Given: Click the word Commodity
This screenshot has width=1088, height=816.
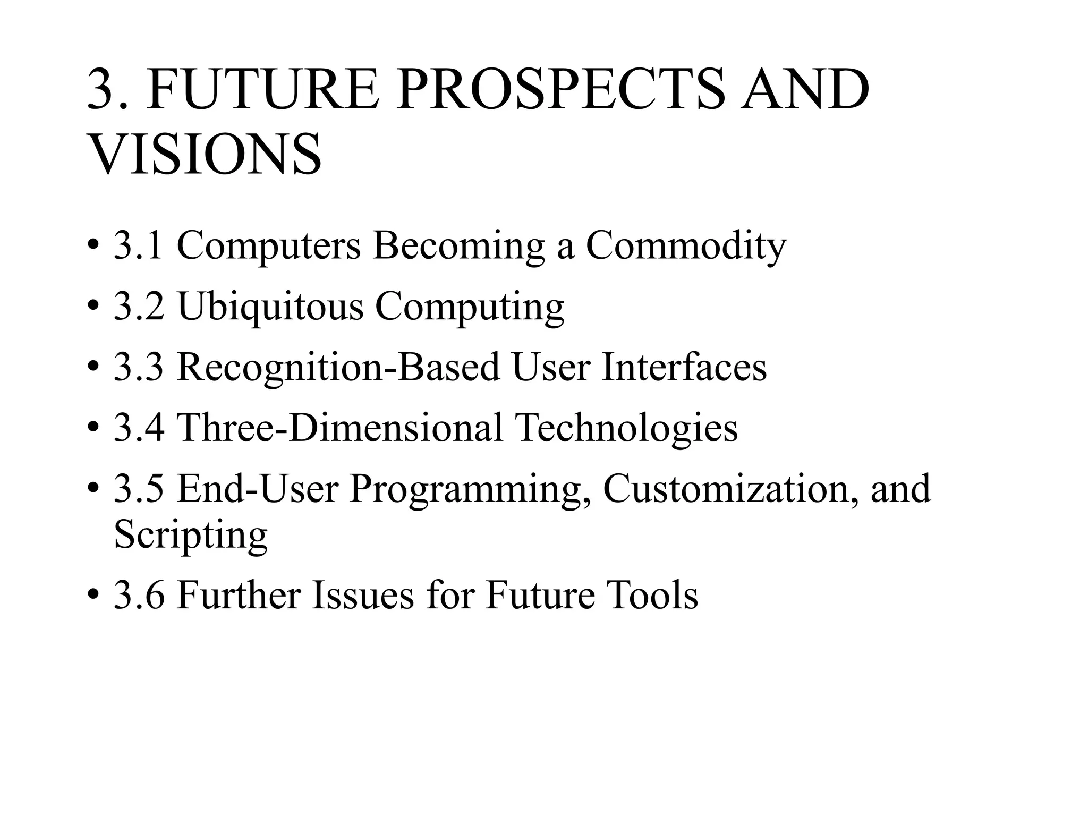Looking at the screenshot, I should (686, 246).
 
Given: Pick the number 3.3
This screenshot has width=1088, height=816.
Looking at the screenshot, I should (139, 368).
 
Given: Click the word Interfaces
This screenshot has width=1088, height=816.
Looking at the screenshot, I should (684, 368).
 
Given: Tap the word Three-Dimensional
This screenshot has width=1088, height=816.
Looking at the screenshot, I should (339, 428).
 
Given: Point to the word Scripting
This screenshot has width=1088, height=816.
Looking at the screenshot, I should (191, 535).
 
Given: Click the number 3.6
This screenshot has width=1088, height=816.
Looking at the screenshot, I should (139, 596).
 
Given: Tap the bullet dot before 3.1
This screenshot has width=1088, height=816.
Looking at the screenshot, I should (93, 248).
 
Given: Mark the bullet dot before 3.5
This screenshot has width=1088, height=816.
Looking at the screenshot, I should (93, 489).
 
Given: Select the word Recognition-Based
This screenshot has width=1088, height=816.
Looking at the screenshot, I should (338, 368).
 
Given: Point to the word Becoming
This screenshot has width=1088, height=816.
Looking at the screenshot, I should (458, 248).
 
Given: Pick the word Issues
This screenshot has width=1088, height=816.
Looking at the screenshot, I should (363, 596).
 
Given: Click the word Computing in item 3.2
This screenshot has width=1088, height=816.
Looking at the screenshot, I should (470, 308).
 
